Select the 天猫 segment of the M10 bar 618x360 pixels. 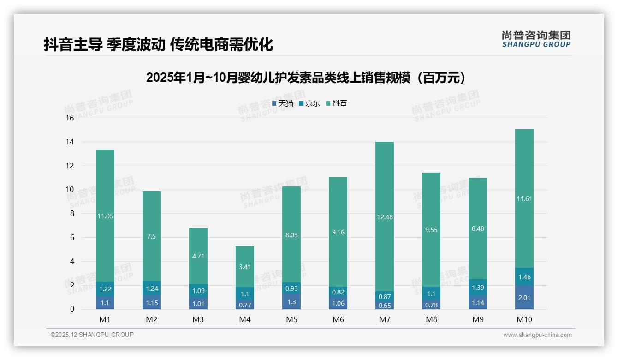coord(524,297)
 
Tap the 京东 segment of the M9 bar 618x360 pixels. coord(478,287)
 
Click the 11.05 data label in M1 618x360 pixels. coord(105,216)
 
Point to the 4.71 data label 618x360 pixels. coord(198,256)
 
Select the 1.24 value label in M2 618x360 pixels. coord(152,288)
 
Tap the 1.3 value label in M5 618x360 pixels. coord(291,302)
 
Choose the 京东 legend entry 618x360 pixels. coord(309,103)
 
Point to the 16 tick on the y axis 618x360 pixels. coord(70,118)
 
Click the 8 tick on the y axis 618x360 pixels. coord(71,214)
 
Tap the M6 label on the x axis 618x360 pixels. coord(338,319)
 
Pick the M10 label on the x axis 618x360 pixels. coord(524,319)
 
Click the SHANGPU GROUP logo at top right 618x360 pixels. coord(536,39)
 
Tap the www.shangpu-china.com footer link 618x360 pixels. coord(537,335)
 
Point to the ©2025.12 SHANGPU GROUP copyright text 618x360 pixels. coord(92,335)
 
